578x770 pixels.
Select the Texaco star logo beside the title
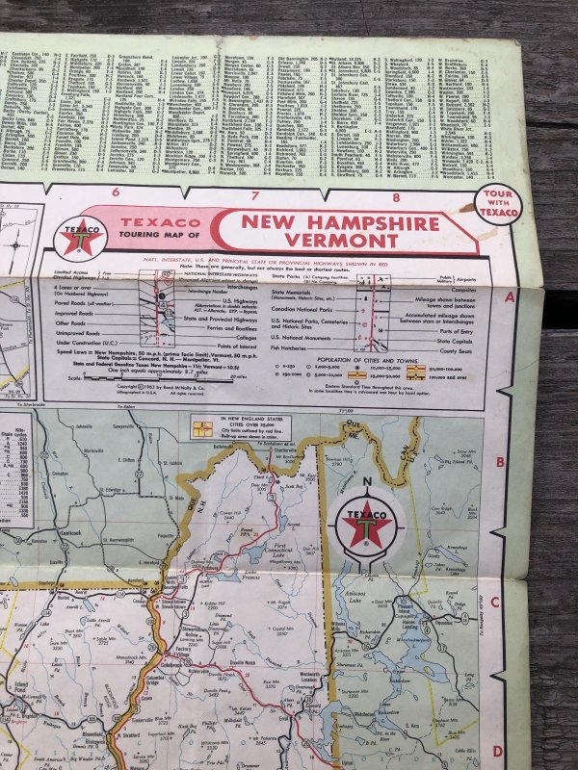pos(83,237)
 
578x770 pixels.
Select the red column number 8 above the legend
pos(397,198)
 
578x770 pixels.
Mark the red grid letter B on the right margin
pos(499,462)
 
